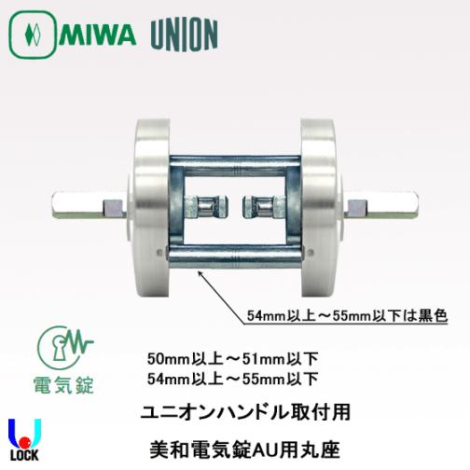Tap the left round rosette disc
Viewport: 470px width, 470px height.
click(149, 202)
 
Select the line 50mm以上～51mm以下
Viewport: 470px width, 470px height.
click(233, 359)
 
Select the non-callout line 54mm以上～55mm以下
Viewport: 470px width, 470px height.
click(233, 377)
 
